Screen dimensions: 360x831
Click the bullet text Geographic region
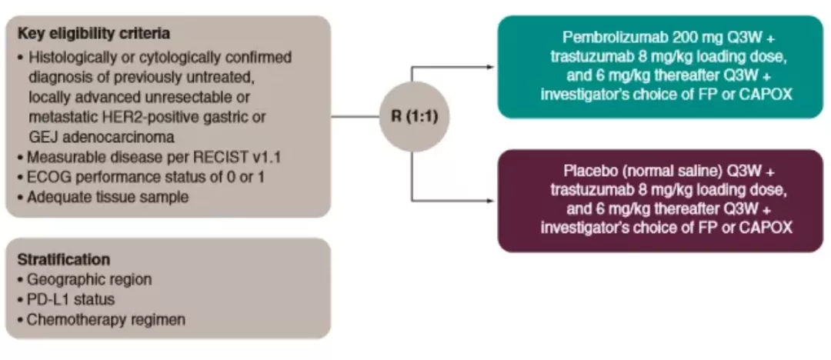coord(90,279)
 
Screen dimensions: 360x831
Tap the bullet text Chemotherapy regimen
coord(106,319)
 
